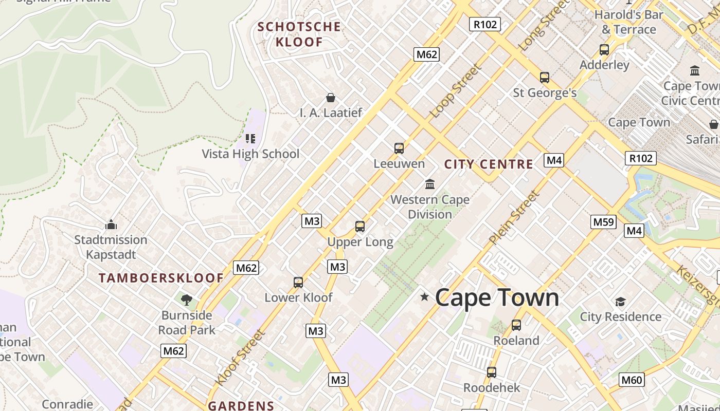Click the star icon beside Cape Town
pos(424,297)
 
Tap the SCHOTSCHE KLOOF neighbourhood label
pos(299,34)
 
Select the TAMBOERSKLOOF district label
pos(161,278)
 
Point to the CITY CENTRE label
pos(489,164)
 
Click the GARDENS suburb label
pos(241,405)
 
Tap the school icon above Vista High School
pos(250,139)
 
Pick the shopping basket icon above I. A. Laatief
pos(331,98)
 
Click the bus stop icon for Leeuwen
pos(399,148)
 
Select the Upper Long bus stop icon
pos(360,227)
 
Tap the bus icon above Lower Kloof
pos(298,283)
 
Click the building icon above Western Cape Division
pos(429,184)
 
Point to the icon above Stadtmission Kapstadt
pos(111,225)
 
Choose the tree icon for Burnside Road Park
pos(187,300)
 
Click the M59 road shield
pos(603,222)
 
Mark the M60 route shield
pos(632,380)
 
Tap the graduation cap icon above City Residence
pos(620,302)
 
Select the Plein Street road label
pos(514,217)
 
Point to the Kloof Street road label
pos(240,358)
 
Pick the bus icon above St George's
pos(545,78)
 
